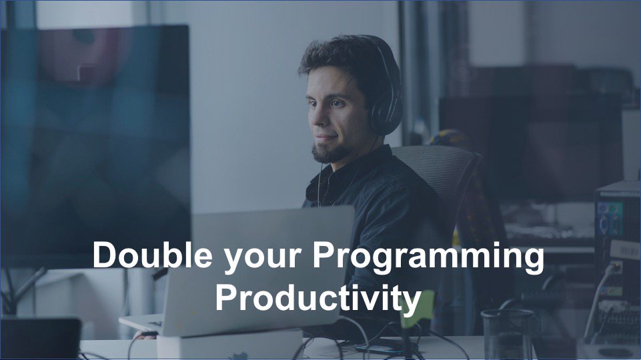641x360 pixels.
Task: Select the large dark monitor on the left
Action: (x=93, y=133)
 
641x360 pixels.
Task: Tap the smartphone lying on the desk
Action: (x=378, y=348)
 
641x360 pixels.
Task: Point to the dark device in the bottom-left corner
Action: (x=40, y=337)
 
